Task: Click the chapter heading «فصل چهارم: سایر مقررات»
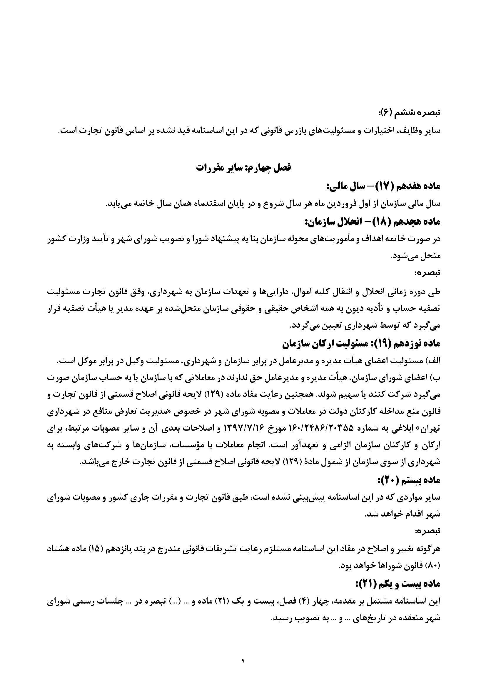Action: pos(243,167)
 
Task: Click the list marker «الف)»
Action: pos(435,361)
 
